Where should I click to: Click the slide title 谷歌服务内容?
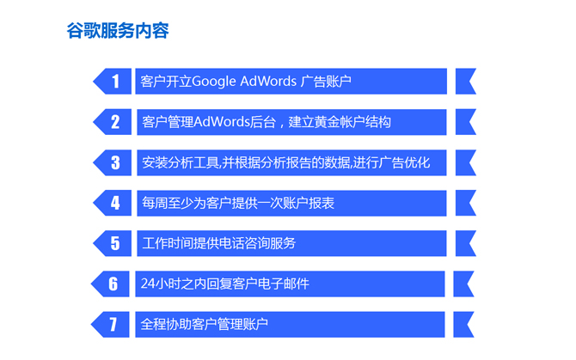click(118, 30)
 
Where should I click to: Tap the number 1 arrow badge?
click(113, 81)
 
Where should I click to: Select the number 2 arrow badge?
click(113, 122)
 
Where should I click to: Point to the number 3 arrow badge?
click(113, 162)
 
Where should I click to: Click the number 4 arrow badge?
click(113, 203)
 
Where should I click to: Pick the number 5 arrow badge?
click(113, 243)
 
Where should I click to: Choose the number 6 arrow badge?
click(110, 284)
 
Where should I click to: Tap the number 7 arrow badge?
click(110, 325)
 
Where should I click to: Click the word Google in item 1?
click(214, 82)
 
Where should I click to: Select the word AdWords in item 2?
click(222, 122)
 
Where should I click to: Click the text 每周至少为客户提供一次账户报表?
click(238, 203)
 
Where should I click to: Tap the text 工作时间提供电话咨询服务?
click(219, 243)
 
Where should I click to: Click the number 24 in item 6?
click(148, 284)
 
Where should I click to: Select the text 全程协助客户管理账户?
click(205, 325)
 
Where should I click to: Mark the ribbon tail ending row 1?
click(466, 81)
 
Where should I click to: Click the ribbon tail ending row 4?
click(466, 203)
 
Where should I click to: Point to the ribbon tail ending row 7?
click(463, 325)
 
